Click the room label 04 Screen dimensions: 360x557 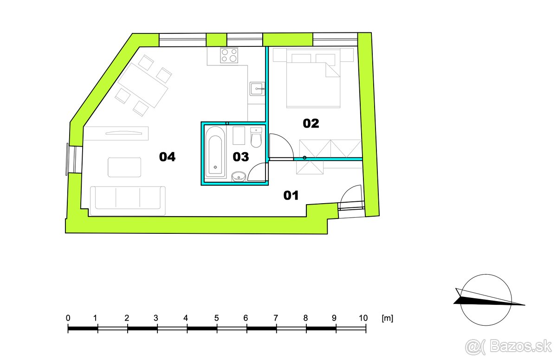(x=167, y=157)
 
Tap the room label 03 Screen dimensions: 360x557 (x=241, y=157)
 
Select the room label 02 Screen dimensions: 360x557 (x=311, y=123)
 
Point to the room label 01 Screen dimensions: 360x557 (x=291, y=196)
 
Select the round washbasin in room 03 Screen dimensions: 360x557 (x=239, y=176)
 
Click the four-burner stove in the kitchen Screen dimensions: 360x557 (x=229, y=56)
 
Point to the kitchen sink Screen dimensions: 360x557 (x=257, y=88)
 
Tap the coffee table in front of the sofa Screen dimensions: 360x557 (x=124, y=167)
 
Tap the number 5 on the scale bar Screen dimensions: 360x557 (x=216, y=318)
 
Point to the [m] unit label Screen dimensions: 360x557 (x=387, y=318)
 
